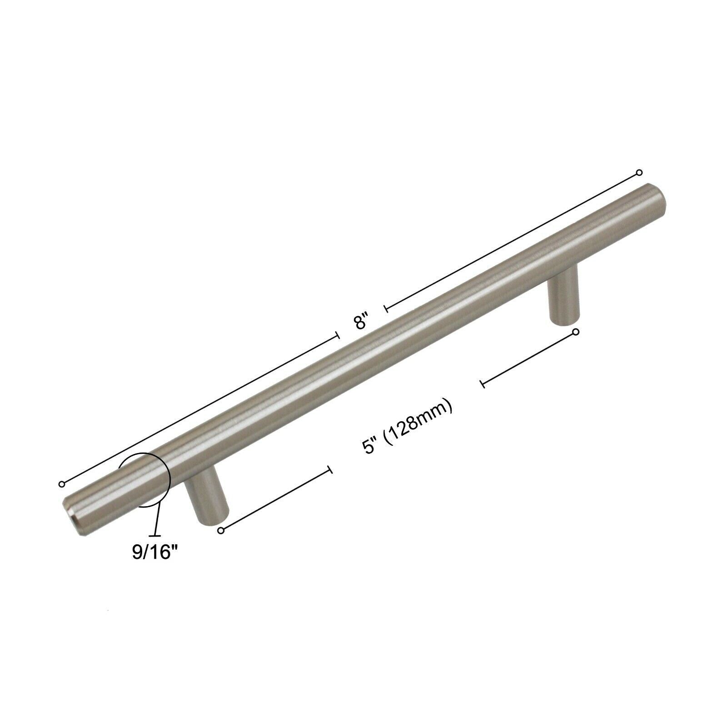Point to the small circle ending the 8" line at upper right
pyautogui.click(x=639, y=172)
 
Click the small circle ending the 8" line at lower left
pyautogui.click(x=62, y=484)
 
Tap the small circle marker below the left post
pyautogui.click(x=221, y=531)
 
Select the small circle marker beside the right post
pyautogui.click(x=576, y=332)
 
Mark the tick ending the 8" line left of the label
pyautogui.click(x=338, y=335)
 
